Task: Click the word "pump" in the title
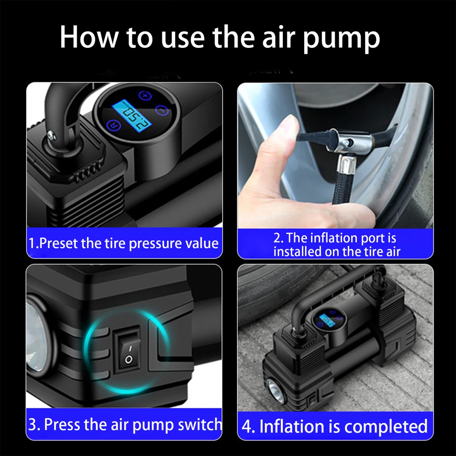click(x=342, y=39)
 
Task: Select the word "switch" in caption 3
click(x=200, y=425)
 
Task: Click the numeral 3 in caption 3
click(x=32, y=425)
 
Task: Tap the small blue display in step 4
click(x=327, y=321)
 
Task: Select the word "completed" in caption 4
click(x=386, y=427)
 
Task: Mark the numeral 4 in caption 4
click(x=246, y=427)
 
